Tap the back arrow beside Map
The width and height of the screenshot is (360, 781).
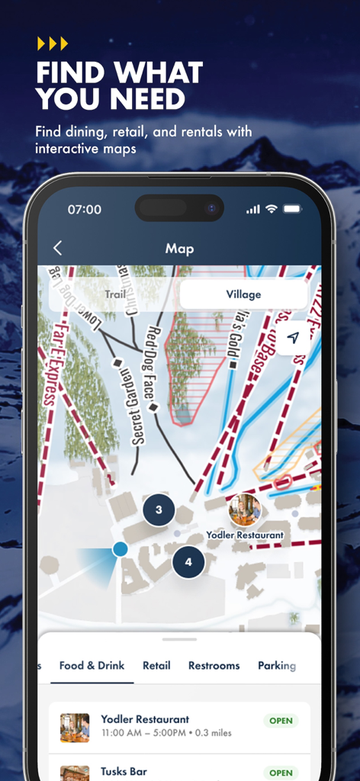(x=57, y=248)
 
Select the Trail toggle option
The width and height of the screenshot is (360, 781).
(x=115, y=294)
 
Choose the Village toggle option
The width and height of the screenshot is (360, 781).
(x=243, y=294)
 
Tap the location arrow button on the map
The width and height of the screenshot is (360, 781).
(x=294, y=338)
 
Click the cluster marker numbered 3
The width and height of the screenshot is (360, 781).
(x=159, y=509)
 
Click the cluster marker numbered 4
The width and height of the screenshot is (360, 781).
(x=188, y=563)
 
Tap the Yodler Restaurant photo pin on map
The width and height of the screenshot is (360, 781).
(x=245, y=509)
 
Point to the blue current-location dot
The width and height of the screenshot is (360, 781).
(x=120, y=548)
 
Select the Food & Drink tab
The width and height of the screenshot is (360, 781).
(x=92, y=666)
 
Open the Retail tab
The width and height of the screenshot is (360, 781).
(x=156, y=666)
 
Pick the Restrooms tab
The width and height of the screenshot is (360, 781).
(x=214, y=666)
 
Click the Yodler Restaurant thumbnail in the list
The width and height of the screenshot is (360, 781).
(x=75, y=727)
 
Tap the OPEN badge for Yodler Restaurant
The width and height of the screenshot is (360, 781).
(x=281, y=721)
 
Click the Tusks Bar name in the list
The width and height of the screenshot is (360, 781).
(x=124, y=772)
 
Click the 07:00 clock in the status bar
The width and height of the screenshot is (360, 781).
(x=84, y=209)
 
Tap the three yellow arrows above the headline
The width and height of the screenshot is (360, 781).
(x=53, y=43)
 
